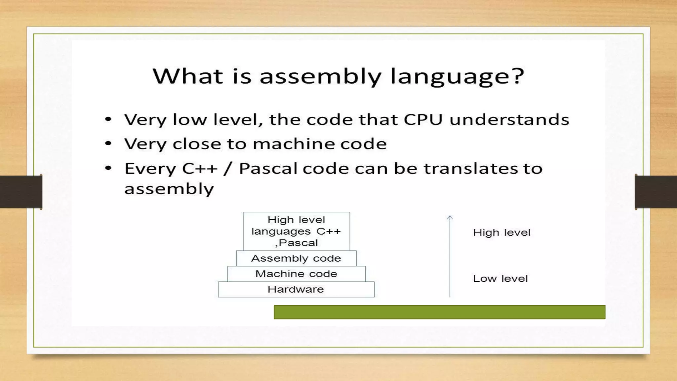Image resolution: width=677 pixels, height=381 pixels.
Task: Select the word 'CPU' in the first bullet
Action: click(423, 119)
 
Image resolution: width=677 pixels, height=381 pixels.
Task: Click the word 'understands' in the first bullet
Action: click(509, 119)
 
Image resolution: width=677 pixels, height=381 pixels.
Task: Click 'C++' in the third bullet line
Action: click(200, 169)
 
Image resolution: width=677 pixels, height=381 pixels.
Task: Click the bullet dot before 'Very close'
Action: click(108, 144)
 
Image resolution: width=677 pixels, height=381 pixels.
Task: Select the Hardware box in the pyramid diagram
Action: click(296, 289)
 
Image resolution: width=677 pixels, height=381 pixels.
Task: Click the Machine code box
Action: click(296, 274)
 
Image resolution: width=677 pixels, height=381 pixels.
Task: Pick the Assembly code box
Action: click(296, 258)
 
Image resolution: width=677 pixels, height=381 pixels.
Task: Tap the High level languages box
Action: click(296, 231)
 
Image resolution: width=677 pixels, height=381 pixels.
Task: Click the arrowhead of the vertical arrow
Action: click(450, 218)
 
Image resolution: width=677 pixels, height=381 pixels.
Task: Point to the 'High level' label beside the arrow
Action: click(501, 233)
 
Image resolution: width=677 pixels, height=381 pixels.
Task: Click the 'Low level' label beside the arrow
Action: click(500, 278)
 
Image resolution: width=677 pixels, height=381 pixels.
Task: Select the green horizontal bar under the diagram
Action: click(439, 312)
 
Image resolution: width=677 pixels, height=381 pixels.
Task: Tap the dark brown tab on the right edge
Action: click(656, 191)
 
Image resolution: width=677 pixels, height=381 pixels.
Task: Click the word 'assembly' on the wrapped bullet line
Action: click(169, 189)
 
